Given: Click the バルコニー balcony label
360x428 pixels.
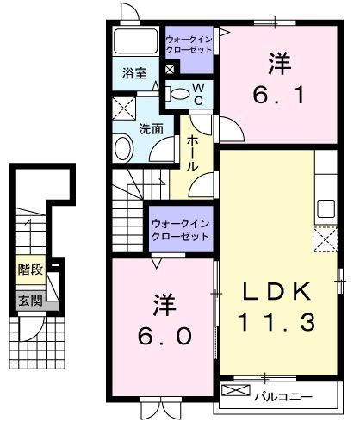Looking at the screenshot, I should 282,396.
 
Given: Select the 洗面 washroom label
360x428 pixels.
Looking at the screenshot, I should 152,130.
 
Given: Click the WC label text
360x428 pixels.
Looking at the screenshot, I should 198,94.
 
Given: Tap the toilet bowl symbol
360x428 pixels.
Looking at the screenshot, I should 178,93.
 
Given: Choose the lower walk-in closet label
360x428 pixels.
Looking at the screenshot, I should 181,230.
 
